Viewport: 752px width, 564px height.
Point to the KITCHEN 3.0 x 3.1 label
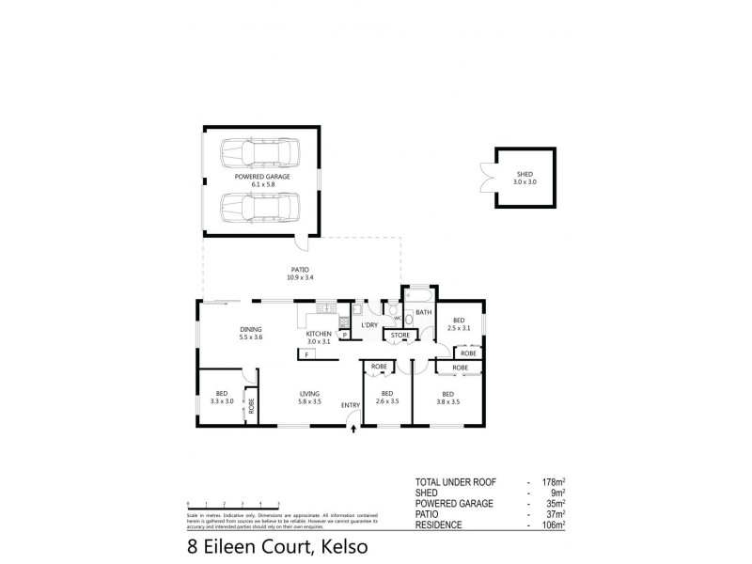point(318,337)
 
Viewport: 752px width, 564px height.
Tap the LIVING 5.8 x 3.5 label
point(309,398)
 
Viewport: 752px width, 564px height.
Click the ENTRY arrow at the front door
point(352,429)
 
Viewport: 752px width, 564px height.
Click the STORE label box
point(400,334)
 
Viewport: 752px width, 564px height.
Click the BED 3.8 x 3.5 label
point(448,398)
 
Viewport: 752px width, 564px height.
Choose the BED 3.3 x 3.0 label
point(221,398)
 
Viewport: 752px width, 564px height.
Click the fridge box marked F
point(306,354)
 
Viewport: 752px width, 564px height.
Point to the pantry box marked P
point(345,334)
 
